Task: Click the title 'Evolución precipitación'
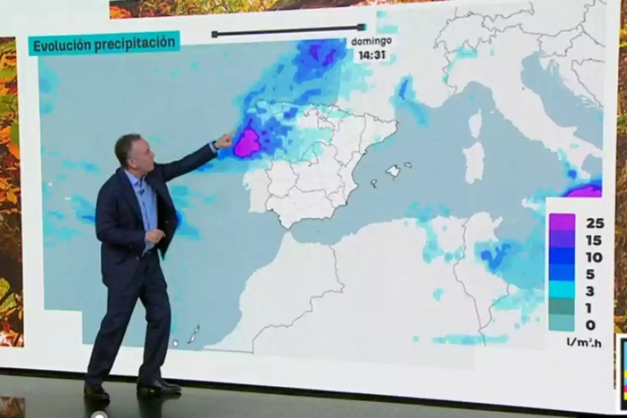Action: [104, 44]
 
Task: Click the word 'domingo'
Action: [371, 41]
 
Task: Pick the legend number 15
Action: [594, 241]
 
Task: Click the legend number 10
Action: [594, 258]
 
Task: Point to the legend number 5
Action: [591, 275]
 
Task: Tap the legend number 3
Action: [591, 292]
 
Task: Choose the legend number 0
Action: [591, 325]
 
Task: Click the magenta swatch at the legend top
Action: [562, 222]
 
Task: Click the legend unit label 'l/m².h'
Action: [584, 343]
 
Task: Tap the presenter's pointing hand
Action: [224, 141]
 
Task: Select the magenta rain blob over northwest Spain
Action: [247, 144]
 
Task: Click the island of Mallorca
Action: [393, 170]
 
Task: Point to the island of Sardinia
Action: [474, 162]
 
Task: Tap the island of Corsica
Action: [475, 124]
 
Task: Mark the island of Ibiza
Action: [374, 183]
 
